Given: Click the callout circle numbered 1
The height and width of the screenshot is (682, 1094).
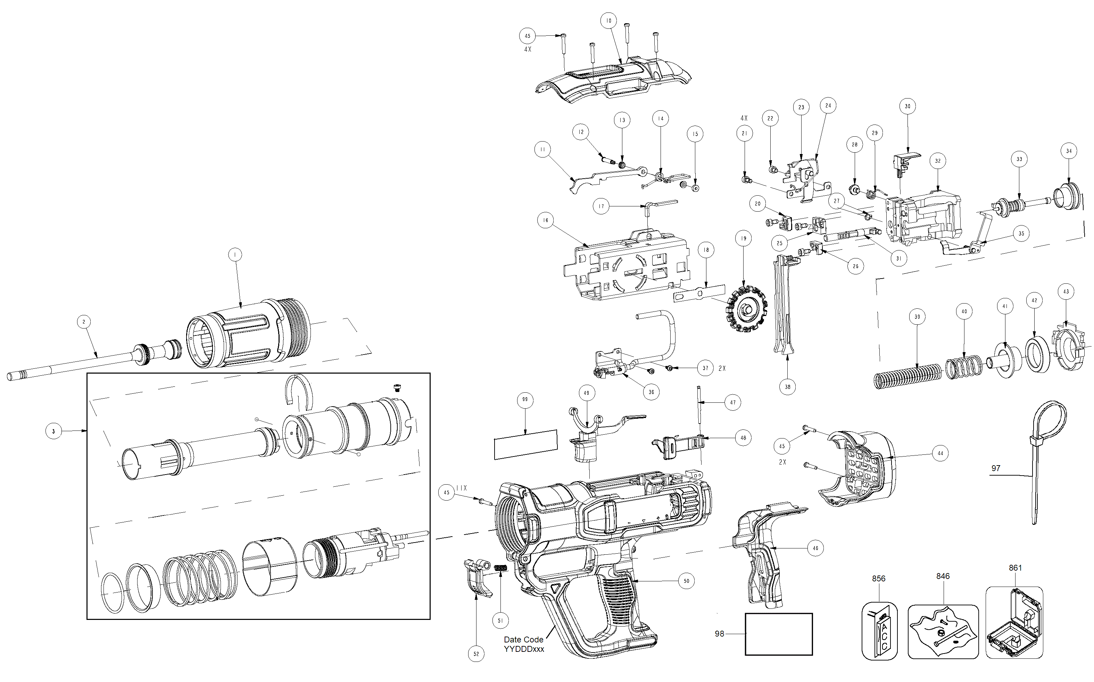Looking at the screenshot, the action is pyautogui.click(x=235, y=255).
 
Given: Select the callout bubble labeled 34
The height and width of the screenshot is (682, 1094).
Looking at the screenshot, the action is pyautogui.click(x=1069, y=151).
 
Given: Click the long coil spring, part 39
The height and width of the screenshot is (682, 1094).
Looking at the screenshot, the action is pyautogui.click(x=908, y=375).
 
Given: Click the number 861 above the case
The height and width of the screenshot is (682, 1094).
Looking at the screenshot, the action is pyautogui.click(x=1015, y=568).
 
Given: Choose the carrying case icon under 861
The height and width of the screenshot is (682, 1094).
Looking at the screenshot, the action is pyautogui.click(x=1014, y=622).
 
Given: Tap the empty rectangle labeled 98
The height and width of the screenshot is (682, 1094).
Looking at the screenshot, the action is pyautogui.click(x=778, y=634).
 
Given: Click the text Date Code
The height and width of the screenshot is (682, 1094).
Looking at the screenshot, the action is pyautogui.click(x=523, y=640).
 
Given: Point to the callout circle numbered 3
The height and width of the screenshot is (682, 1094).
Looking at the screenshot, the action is pyautogui.click(x=53, y=431).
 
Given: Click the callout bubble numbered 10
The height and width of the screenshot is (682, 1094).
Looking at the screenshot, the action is pyautogui.click(x=608, y=21).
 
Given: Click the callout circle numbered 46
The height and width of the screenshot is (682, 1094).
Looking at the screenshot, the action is pyautogui.click(x=815, y=548).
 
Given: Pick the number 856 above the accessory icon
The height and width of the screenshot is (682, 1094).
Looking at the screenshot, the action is pyautogui.click(x=879, y=579).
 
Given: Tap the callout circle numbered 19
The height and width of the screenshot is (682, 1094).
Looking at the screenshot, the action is pyautogui.click(x=744, y=239).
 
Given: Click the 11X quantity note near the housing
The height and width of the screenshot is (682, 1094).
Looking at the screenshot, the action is pyautogui.click(x=462, y=488).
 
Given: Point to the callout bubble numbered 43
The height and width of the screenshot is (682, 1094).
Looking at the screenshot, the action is pyautogui.click(x=1066, y=292).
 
